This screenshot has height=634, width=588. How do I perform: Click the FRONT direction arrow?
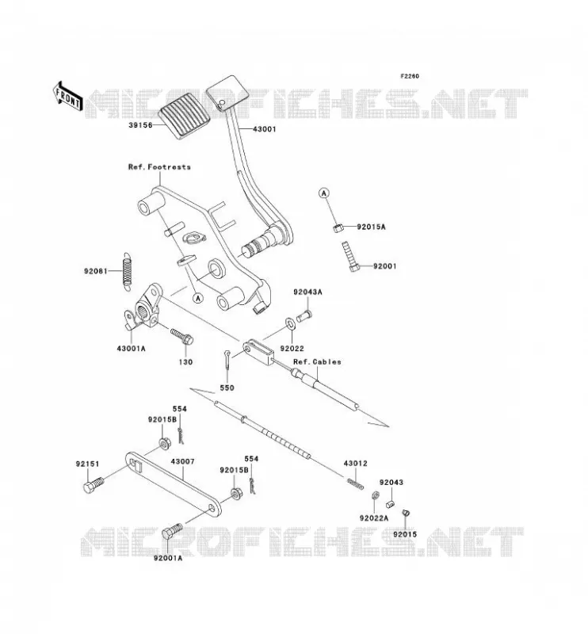[67, 97]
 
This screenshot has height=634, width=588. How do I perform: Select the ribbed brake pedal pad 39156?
[185, 111]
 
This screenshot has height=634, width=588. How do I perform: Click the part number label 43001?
[265, 129]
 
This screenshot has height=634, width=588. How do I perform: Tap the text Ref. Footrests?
[159, 166]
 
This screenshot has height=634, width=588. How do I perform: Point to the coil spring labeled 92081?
[128, 272]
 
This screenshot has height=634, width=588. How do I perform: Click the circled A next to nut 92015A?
[324, 193]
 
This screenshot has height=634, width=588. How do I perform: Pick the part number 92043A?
[307, 292]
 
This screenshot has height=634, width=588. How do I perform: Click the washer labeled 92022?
[290, 323]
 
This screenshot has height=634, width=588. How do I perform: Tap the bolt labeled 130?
[182, 337]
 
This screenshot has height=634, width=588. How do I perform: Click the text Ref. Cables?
[317, 362]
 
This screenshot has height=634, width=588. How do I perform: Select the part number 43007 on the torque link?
[182, 461]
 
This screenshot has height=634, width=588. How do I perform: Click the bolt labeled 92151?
[94, 485]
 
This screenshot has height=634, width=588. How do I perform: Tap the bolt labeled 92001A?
[172, 531]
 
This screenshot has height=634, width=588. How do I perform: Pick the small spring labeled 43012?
[356, 483]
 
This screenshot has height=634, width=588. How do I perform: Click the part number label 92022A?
[374, 518]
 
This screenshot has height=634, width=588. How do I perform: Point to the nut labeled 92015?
[406, 513]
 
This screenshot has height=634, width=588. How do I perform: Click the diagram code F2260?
[410, 76]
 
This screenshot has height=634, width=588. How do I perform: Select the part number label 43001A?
[131, 348]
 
